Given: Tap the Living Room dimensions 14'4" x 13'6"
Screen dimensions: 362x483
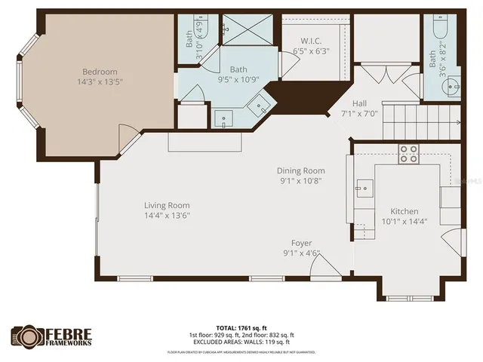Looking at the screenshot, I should point(167,215).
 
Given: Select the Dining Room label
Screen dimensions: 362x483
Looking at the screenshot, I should point(300,171).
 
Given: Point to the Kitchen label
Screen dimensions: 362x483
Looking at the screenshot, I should point(404,211).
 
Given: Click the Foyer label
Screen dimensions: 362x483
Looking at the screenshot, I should point(302,243).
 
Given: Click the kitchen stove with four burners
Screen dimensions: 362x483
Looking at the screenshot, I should point(409,154).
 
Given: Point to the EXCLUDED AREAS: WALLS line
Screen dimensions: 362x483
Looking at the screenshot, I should point(241,342).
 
